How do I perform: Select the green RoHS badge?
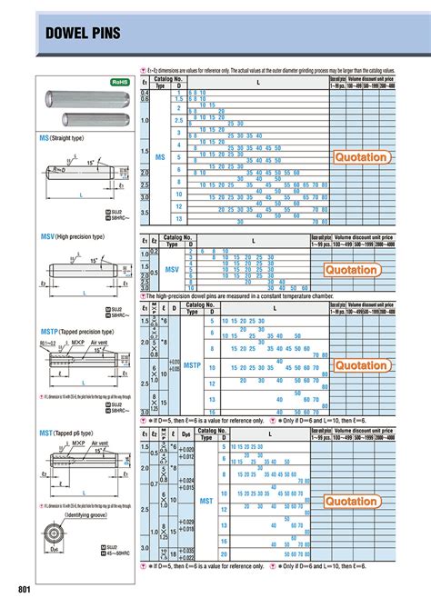pyautogui.click(x=120, y=82)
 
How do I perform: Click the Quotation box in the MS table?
pyautogui.click(x=362, y=158)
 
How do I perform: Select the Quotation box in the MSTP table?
pyautogui.click(x=362, y=365)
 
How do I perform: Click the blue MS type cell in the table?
pyautogui.click(x=160, y=157)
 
